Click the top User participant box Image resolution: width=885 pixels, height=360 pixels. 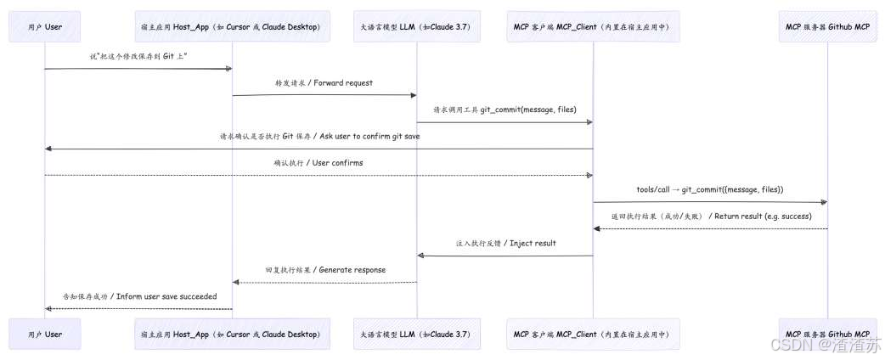pyautogui.click(x=44, y=26)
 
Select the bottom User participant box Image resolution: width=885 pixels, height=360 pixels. pyautogui.click(x=44, y=334)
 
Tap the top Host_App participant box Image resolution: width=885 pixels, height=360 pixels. pyautogui.click(x=232, y=26)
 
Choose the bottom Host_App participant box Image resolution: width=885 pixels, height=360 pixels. pyautogui.click(x=232, y=334)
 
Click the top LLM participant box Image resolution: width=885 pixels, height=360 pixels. pyautogui.click(x=417, y=26)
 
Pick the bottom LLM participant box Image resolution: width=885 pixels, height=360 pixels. pyautogui.click(x=417, y=334)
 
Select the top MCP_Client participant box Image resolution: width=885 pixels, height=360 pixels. pyautogui.click(x=593, y=26)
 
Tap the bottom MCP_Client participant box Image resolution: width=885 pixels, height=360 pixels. pyautogui.click(x=593, y=334)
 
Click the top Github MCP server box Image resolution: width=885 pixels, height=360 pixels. pyautogui.click(x=827, y=26)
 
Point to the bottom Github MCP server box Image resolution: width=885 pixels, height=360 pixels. pyautogui.click(x=827, y=334)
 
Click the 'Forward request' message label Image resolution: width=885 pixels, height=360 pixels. pyautogui.click(x=324, y=83)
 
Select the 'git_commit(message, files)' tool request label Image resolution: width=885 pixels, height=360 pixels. pyautogui.click(x=505, y=110)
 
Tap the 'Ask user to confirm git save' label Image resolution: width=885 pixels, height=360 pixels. pyautogui.click(x=319, y=136)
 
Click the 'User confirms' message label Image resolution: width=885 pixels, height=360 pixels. pyautogui.click(x=318, y=162)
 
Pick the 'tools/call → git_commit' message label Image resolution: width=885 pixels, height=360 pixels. pyautogui.click(x=709, y=189)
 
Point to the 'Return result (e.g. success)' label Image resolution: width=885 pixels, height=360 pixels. pyautogui.click(x=711, y=216)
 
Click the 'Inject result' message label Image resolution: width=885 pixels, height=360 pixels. pyautogui.click(x=505, y=243)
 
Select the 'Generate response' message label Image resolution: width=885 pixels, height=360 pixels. pyautogui.click(x=324, y=269)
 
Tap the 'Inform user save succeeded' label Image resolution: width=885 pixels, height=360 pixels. pyautogui.click(x=140, y=296)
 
